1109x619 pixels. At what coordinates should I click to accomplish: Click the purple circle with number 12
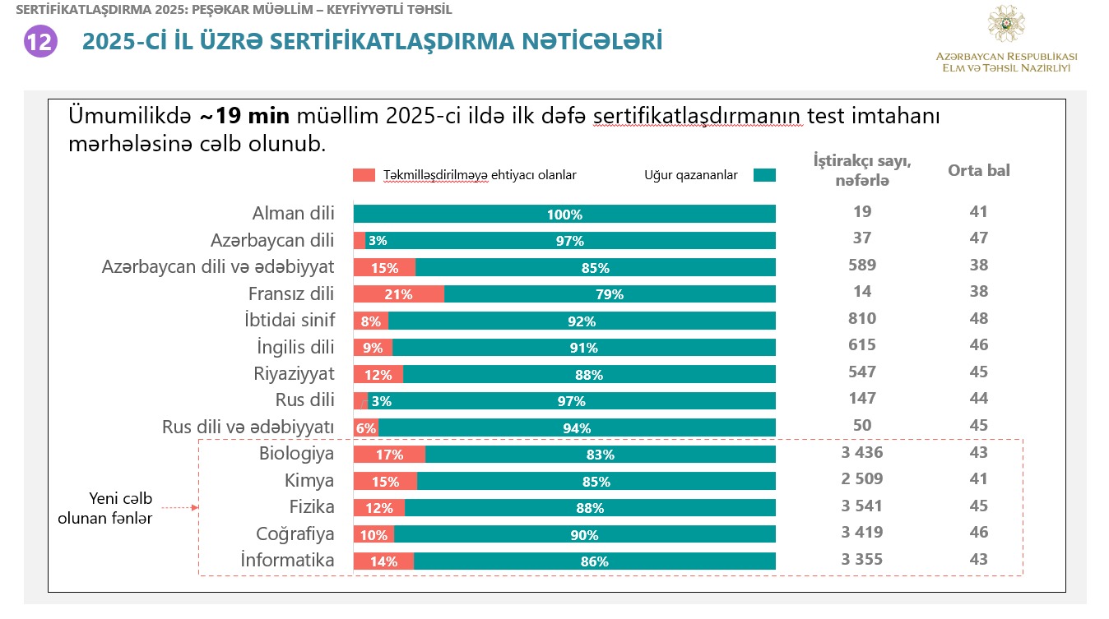39,41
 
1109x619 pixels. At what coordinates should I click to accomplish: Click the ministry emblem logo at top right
1005,25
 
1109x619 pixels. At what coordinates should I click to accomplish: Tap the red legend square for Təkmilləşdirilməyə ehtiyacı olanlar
364,175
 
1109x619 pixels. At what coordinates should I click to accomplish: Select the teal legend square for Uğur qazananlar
764,175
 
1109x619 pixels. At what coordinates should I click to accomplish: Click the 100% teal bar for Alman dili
564,215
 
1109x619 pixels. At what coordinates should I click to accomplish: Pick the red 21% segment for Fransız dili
399,294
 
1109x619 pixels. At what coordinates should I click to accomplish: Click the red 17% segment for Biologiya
389,455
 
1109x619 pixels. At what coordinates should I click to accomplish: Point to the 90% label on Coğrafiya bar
584,535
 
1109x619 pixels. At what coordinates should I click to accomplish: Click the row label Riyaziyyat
294,374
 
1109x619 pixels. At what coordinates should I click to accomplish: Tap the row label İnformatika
287,561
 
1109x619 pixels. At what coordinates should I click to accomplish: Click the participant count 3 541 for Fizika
861,506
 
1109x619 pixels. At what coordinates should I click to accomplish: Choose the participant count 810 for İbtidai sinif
861,318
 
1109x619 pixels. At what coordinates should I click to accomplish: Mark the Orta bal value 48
978,318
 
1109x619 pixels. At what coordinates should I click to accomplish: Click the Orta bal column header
978,171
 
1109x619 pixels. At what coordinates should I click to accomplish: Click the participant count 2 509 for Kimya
861,478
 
